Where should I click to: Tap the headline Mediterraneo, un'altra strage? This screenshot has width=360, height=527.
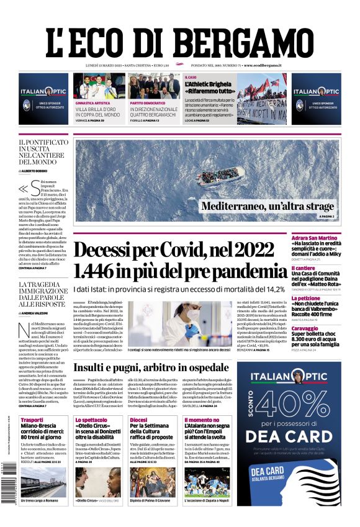click(x=268, y=207)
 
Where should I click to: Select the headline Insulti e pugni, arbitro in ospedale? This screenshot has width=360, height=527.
click(x=151, y=351)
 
